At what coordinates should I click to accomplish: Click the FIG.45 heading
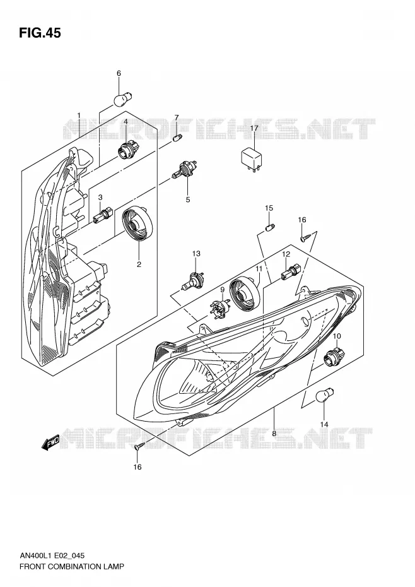click(x=40, y=33)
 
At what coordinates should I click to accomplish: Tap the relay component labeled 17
click(x=252, y=160)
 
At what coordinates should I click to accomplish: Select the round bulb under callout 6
click(x=122, y=99)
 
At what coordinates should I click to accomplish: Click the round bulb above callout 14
click(x=325, y=396)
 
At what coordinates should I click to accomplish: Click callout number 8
click(x=274, y=433)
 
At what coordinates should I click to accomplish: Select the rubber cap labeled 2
click(x=138, y=223)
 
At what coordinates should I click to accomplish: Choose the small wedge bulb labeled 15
click(x=270, y=227)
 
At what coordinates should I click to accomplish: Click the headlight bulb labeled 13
click(x=194, y=281)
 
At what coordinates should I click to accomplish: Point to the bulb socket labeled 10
click(x=332, y=357)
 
